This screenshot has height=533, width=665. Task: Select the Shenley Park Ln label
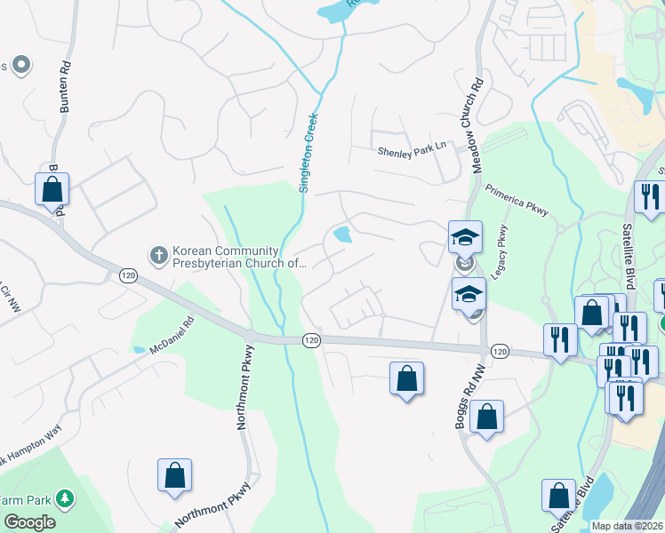[411, 152]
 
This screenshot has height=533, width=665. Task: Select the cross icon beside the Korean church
[159, 256]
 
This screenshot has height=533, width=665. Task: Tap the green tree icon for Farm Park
[64, 499]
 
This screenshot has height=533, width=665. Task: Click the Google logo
[29, 522]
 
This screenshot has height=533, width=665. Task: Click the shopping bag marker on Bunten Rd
[52, 189]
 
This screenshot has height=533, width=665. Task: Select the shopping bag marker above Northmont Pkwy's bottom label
[174, 475]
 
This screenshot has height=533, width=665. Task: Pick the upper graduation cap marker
[465, 238]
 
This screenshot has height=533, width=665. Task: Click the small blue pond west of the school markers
[341, 235]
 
